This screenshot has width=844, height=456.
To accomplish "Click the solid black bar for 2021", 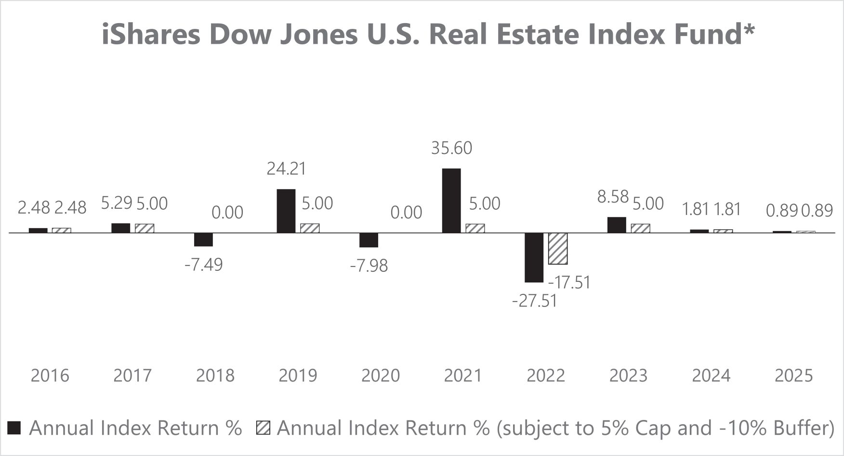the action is [451, 201].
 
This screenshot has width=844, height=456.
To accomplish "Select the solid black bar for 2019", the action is [286, 211].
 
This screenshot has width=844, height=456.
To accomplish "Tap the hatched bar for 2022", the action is [558, 249].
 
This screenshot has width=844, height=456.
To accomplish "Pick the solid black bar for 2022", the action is [534, 258].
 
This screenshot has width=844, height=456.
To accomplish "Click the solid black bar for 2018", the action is [203, 240].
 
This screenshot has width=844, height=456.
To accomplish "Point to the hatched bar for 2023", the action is [641, 228].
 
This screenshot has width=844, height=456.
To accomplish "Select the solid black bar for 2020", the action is [369, 240].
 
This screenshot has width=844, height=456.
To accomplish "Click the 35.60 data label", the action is [451, 148].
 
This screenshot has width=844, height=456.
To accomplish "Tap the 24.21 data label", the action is [287, 169].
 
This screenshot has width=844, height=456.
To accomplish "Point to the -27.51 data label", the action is [534, 301].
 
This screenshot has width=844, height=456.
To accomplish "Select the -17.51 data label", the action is [569, 282].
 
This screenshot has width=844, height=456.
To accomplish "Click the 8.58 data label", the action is [613, 197].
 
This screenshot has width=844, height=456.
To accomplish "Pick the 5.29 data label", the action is [117, 203].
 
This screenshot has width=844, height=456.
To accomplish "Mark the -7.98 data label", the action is [369, 266].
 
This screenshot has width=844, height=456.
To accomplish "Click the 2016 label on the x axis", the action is [50, 376].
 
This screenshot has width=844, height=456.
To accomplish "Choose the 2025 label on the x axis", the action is [794, 376].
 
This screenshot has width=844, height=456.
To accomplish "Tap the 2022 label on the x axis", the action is [546, 376].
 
